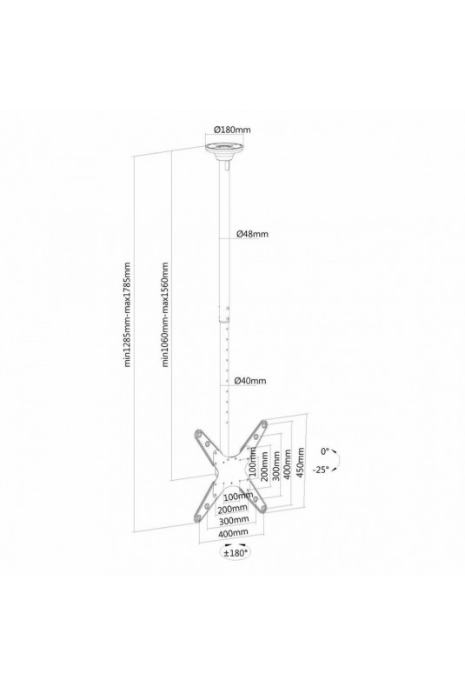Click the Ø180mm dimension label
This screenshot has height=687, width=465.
232,130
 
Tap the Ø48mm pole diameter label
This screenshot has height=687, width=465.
252,234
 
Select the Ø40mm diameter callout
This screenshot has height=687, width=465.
250,381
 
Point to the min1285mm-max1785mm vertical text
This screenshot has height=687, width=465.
128,315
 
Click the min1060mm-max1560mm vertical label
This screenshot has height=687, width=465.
165,315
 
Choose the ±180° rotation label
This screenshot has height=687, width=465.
236,553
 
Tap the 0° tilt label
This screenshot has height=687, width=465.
324,450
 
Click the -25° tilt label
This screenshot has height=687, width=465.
321,470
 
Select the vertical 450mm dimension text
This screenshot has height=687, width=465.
300,464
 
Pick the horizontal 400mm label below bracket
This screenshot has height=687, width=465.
233,532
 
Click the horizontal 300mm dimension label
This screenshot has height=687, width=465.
234,520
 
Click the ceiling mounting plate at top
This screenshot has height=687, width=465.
225,151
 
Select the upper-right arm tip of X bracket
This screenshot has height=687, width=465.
263,424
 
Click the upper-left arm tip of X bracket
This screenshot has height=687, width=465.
199,434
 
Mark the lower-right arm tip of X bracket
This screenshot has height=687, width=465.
262,507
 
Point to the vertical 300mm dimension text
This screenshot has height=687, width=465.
276,465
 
